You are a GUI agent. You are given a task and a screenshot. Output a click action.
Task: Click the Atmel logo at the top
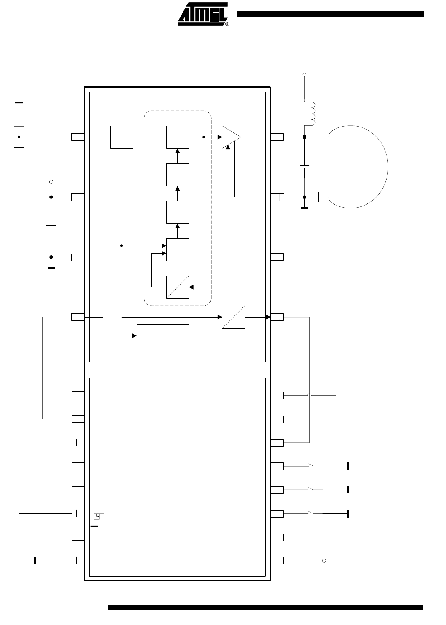tap(203, 14)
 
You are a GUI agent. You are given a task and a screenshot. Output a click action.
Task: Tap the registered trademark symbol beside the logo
tap(227, 24)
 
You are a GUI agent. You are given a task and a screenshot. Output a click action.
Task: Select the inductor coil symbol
tap(310, 113)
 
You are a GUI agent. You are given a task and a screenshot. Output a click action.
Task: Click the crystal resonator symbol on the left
tap(48, 137)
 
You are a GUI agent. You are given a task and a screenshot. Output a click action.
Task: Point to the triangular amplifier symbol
tap(231, 137)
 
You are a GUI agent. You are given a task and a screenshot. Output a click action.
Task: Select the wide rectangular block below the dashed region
tap(163, 335)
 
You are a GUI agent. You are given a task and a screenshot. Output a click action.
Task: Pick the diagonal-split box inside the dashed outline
tap(178, 287)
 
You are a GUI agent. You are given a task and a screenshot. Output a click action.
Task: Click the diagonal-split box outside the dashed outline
tap(233, 317)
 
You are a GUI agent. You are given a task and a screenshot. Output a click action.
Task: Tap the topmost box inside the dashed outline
tap(178, 137)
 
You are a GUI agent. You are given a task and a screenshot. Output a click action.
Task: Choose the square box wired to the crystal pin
tap(122, 137)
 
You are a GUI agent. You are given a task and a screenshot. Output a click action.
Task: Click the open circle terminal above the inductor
tap(304, 74)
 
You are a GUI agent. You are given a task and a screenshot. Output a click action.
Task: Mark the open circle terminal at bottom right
tap(324, 561)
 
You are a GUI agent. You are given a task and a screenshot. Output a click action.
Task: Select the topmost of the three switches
tap(316, 465)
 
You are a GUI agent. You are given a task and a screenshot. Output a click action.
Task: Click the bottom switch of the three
tap(316, 513)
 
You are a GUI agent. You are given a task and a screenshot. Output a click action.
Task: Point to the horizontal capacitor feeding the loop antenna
tap(317, 197)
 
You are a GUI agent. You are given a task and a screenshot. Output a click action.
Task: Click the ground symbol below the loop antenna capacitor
tap(304, 208)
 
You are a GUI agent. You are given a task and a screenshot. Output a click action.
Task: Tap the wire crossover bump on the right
tap(309, 394)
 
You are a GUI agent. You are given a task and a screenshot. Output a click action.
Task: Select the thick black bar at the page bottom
tap(265, 607)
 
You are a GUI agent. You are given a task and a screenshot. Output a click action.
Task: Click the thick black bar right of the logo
tap(331, 14)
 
